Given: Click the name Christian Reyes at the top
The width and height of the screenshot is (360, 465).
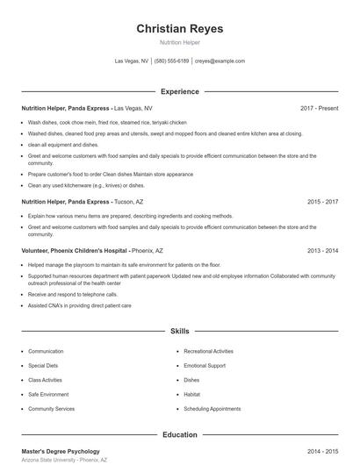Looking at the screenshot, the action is [x=179, y=29].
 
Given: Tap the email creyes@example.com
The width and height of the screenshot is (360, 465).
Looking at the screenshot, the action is [x=220, y=61].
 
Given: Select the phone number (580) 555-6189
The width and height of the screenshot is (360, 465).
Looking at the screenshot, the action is [x=172, y=61].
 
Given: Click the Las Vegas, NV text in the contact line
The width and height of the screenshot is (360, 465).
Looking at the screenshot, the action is [x=132, y=61].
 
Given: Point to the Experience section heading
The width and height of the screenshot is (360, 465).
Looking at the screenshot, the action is [x=179, y=91].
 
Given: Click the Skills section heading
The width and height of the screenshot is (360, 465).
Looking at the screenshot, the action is [x=179, y=332].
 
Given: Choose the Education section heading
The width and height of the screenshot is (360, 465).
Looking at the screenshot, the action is [x=179, y=434].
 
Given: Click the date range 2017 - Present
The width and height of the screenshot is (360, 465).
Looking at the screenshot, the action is [x=319, y=108].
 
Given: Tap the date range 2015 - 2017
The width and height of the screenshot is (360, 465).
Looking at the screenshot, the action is [x=322, y=202].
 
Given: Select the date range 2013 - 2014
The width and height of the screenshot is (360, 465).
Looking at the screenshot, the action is [x=322, y=250].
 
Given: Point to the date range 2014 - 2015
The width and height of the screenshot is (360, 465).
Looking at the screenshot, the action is [x=322, y=451].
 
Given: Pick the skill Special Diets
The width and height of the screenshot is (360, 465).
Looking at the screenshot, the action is [x=43, y=366].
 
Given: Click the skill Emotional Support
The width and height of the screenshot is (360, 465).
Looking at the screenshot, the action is [x=205, y=366].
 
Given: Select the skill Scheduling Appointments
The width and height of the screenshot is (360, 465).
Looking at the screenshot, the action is [x=212, y=409].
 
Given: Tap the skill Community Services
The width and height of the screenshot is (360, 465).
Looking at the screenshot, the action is [x=51, y=409].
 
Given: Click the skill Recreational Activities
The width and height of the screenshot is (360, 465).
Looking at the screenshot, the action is [x=209, y=351].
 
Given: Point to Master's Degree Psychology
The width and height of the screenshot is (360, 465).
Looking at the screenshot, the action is [x=61, y=451].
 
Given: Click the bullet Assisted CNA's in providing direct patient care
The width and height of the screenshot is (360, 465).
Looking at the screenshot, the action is [x=79, y=306].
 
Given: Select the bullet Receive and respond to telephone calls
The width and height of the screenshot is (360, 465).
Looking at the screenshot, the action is [x=73, y=295].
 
